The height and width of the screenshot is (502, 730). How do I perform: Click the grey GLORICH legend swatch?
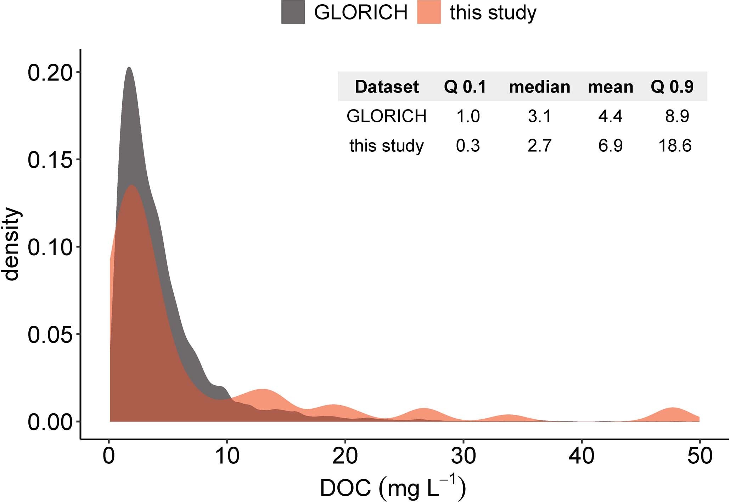coord(293,12)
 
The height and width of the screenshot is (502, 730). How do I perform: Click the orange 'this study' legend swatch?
coord(429,12)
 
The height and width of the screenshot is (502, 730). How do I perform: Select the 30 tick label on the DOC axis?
coord(463,456)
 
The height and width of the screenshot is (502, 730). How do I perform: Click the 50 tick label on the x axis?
coord(699,456)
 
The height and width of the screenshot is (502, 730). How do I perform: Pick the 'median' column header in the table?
coord(539,87)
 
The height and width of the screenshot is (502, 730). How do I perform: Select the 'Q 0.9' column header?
coord(672,87)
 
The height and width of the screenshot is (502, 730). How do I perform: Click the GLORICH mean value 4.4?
coord(610,116)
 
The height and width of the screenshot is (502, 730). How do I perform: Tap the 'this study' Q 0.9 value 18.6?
coord(675,146)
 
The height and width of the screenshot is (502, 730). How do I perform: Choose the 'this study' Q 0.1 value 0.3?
coord(468,146)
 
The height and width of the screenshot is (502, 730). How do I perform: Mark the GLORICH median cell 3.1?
coord(539,116)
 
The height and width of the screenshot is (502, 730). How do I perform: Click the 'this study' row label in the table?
coord(386,146)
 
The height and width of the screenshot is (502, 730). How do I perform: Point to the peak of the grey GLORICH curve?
coord(129,68)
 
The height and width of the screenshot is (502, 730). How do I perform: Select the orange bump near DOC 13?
coord(263,395)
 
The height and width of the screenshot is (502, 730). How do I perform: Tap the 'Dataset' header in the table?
coord(387,87)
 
